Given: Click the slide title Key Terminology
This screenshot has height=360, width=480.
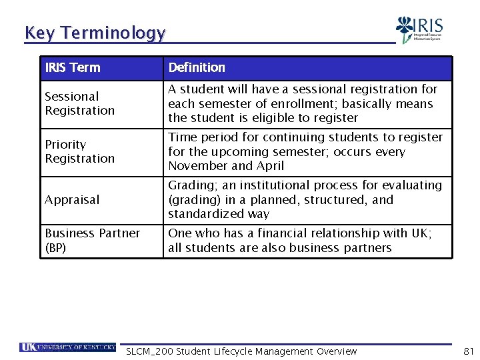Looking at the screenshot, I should point(95,33).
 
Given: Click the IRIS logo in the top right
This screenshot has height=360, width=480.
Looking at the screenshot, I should point(419,30).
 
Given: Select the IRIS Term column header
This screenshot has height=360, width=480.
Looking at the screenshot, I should point(73,67).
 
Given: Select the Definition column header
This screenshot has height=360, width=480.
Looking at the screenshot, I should point(197,67).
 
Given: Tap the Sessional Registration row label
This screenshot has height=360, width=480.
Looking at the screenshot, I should point(79,103).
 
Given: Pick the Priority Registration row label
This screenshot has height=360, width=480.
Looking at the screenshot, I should point(79,151).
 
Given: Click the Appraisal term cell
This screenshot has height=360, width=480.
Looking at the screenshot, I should point(72,199).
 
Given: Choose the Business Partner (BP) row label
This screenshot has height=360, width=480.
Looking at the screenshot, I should point(92,240).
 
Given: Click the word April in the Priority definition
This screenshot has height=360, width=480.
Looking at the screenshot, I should point(269,166).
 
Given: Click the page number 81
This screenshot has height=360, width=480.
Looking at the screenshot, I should point(468,351).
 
